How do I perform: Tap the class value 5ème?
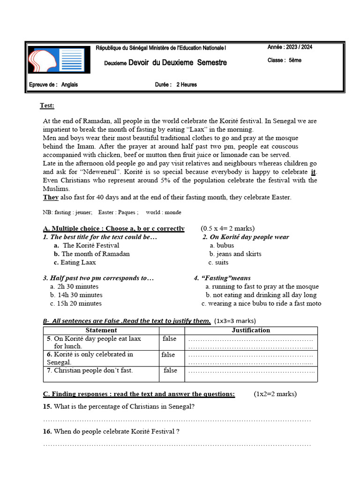pyautogui.click(x=295, y=60)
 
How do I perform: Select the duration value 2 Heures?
pyautogui.click(x=187, y=85)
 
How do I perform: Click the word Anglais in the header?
pyautogui.click(x=70, y=85)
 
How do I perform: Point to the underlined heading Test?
pyautogui.click(x=47, y=105)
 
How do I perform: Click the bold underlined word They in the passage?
pyautogui.click(x=51, y=197)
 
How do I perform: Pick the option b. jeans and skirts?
pyautogui.click(x=235, y=254)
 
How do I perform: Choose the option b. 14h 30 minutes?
pyautogui.click(x=76, y=295)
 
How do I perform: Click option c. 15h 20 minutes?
pyautogui.click(x=75, y=303)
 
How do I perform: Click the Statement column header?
pyautogui.click(x=101, y=330)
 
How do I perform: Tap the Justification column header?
pyautogui.click(x=251, y=330)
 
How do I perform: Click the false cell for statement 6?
pyautogui.click(x=168, y=355)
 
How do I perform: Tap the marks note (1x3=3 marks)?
pyautogui.click(x=235, y=321)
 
